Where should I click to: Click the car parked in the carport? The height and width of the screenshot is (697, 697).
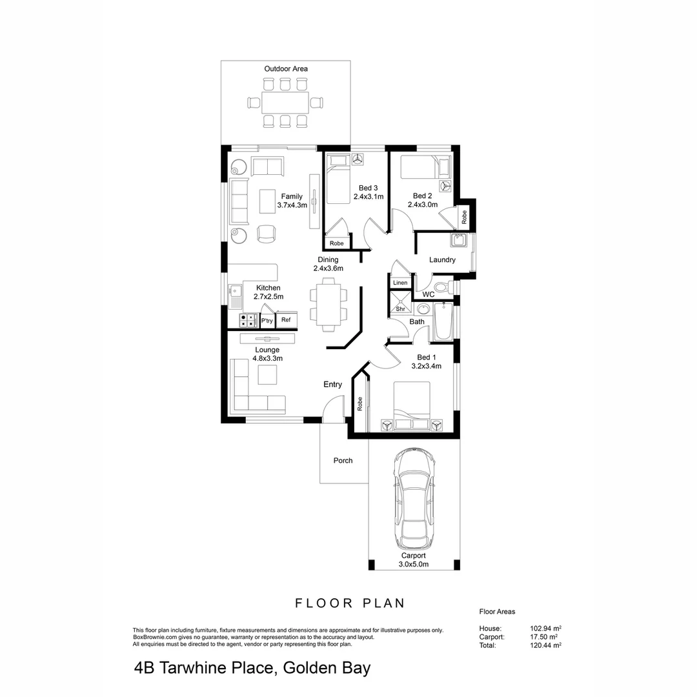pyautogui.click(x=414, y=497)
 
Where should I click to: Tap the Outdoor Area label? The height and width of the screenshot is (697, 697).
pyautogui.click(x=286, y=68)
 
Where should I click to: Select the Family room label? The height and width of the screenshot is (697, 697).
pyautogui.click(x=292, y=197)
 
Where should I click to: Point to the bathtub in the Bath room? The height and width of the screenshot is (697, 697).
pyautogui.click(x=443, y=323)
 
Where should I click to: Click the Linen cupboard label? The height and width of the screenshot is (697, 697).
pyautogui.click(x=400, y=283)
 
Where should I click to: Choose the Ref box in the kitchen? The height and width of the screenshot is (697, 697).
pyautogui.click(x=286, y=320)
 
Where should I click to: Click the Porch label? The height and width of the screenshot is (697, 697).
pyautogui.click(x=343, y=461)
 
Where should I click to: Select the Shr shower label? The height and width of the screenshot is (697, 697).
pyautogui.click(x=399, y=309)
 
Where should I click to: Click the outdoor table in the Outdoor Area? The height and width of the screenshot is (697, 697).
pyautogui.click(x=285, y=102)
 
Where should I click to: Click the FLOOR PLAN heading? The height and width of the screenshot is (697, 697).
pyautogui.click(x=350, y=603)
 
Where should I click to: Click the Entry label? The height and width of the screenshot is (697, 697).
pyautogui.click(x=332, y=385)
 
